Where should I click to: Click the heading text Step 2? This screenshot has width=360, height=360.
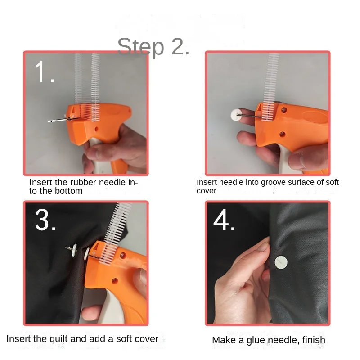pyautogui.click(x=153, y=47)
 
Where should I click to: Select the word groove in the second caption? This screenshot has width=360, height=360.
pyautogui.click(x=273, y=182)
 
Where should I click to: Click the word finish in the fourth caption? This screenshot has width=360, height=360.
pyautogui.click(x=314, y=340)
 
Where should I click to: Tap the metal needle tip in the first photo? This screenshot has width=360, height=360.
pyautogui.click(x=49, y=121)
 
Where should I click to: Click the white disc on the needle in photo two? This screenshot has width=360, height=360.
pyautogui.click(x=236, y=115)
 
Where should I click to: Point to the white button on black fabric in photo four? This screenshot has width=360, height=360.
pyautogui.click(x=281, y=262)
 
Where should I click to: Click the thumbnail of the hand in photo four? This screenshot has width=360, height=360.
pyautogui.click(x=263, y=247)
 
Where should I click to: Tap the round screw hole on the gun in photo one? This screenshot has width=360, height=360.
pyautogui.click(x=96, y=129)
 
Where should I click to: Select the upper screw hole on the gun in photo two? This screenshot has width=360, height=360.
pyautogui.click(x=284, y=110)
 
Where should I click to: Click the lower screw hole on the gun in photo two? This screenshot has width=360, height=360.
pyautogui.click(x=283, y=134)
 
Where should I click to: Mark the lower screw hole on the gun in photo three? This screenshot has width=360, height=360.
pyautogui.click(x=115, y=280)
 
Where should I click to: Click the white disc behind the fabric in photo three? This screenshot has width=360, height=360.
pyautogui.click(x=74, y=251)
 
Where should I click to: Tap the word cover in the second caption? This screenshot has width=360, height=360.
pyautogui.click(x=207, y=191)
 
